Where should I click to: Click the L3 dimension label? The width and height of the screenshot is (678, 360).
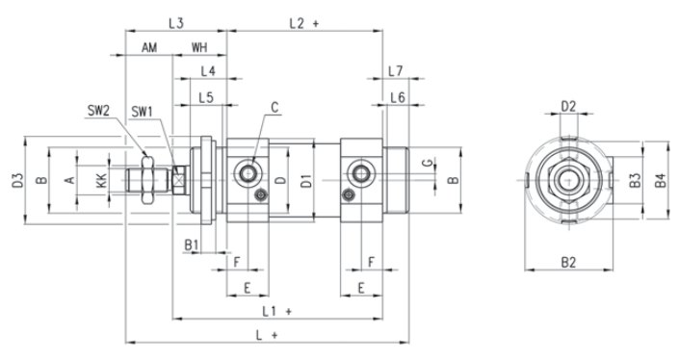point(176,23)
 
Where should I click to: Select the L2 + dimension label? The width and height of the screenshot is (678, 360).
point(303,23)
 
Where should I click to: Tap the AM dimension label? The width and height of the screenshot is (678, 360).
point(149,47)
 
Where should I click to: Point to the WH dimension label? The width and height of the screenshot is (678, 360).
point(199,47)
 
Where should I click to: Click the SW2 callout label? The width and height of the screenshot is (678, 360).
point(98,110)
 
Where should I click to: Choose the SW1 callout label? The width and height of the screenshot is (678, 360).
point(143,112)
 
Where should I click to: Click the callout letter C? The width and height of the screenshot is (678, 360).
point(274,107)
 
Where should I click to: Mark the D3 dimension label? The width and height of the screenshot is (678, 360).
point(17,180)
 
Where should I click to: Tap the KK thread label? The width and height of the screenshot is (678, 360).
point(101,180)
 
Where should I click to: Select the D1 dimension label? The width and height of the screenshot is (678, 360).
point(306,180)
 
